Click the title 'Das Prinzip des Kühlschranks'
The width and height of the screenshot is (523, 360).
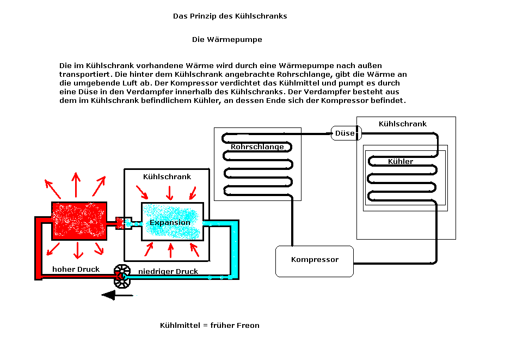[230, 16]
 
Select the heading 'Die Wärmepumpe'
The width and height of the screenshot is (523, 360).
[227, 40]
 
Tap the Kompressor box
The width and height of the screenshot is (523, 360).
[315, 260]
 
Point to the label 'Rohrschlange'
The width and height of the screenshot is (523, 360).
[257, 147]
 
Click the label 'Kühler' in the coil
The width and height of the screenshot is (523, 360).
[401, 162]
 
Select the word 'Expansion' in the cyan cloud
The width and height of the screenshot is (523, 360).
[170, 223]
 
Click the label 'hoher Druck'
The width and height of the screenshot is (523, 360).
[76, 269]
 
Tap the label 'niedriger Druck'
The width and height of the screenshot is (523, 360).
[168, 271]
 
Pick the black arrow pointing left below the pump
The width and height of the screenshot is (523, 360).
[117, 296]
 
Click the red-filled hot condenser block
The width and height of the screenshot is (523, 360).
[79, 221]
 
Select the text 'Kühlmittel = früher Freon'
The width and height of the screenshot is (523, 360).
[210, 326]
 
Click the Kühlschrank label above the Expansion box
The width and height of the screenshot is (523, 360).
[167, 177]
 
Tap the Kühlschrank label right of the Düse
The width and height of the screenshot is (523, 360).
[402, 124]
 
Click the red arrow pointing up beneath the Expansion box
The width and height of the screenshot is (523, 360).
[171, 250]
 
